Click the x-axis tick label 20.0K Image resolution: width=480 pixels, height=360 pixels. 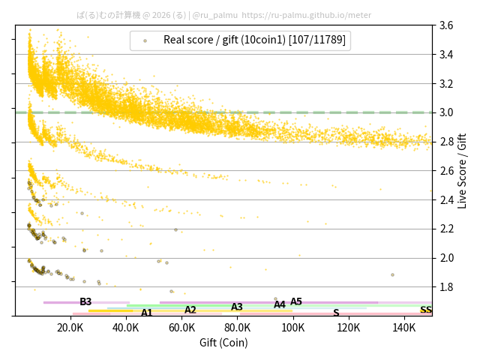pyautogui.click(x=70, y=328)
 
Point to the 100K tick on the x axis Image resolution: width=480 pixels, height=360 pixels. pyautogui.click(x=292, y=328)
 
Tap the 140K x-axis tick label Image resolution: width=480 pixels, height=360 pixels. pyautogui.click(x=403, y=328)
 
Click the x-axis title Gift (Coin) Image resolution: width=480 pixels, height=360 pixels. pyautogui.click(x=223, y=343)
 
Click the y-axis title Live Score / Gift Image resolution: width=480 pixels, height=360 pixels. pyautogui.click(x=463, y=170)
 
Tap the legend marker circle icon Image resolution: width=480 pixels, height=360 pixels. pyautogui.click(x=145, y=41)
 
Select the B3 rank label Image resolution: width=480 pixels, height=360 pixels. pyautogui.click(x=85, y=302)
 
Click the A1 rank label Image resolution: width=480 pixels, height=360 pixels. pyautogui.click(x=147, y=313)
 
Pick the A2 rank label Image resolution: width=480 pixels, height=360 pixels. pyautogui.click(x=190, y=310)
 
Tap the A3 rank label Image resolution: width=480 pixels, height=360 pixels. pyautogui.click(x=237, y=307)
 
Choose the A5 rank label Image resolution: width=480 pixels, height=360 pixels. pyautogui.click(x=296, y=302)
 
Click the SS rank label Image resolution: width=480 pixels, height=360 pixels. pyautogui.click(x=425, y=310)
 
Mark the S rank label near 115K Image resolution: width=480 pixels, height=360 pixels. pyautogui.click(x=336, y=313)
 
